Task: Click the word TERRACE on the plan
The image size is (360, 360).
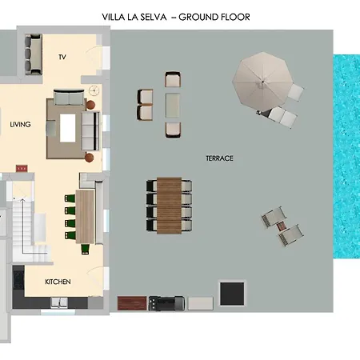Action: pyautogui.click(x=219, y=158)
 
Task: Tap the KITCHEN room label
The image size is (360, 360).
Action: pyautogui.click(x=58, y=282)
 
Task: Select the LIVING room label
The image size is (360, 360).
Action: pyautogui.click(x=20, y=125)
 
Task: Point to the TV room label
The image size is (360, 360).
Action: pyautogui.click(x=62, y=57)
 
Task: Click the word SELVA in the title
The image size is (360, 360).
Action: pyautogui.click(x=154, y=18)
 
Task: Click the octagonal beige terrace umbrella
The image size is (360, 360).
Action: pyautogui.click(x=262, y=82)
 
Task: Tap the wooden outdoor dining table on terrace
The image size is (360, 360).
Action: pyautogui.click(x=169, y=206)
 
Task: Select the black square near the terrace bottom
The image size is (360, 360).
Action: pyautogui.click(x=232, y=294)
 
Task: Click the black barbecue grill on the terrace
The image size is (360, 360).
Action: pyautogui.click(x=166, y=303)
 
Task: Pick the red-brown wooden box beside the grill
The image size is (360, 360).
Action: pyautogui.click(x=132, y=303)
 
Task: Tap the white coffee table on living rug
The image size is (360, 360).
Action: pyautogui.click(x=68, y=128)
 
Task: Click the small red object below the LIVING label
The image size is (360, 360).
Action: pyautogui.click(x=22, y=169)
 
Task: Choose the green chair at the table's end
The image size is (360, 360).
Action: pyautogui.click(x=86, y=249)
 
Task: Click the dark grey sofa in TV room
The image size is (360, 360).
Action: pyautogui.click(x=34, y=54)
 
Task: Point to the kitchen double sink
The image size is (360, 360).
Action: pyautogui.click(x=59, y=302)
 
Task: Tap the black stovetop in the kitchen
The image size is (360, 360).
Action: pyautogui.click(x=18, y=280)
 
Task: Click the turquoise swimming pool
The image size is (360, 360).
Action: pyautogui.click(x=346, y=157)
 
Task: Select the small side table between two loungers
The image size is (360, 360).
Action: pyautogui.click(x=282, y=226)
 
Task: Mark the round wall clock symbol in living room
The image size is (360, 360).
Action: pyautogui.click(x=94, y=90)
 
